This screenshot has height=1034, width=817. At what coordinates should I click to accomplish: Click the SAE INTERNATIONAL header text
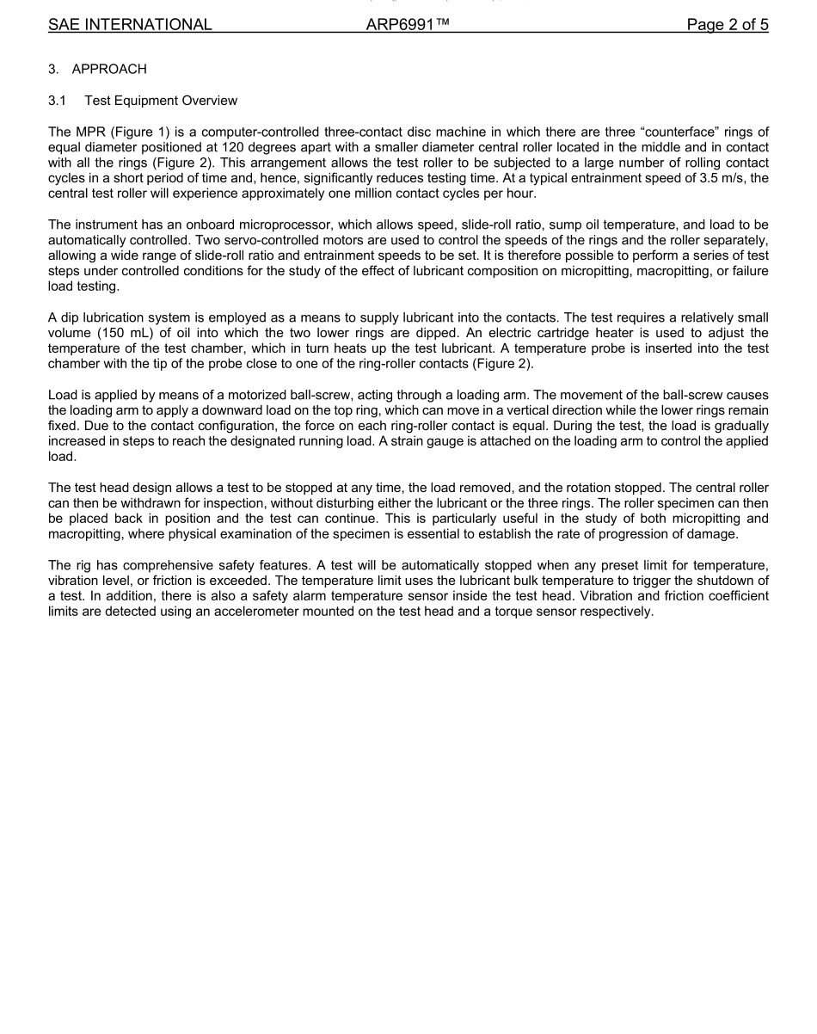click(130, 25)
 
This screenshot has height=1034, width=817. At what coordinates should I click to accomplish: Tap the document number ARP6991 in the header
click(407, 25)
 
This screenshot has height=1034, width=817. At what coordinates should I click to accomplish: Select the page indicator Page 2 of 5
click(727, 25)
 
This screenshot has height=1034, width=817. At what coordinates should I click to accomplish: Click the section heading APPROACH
click(109, 69)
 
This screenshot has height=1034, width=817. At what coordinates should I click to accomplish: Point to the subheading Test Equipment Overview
click(161, 101)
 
